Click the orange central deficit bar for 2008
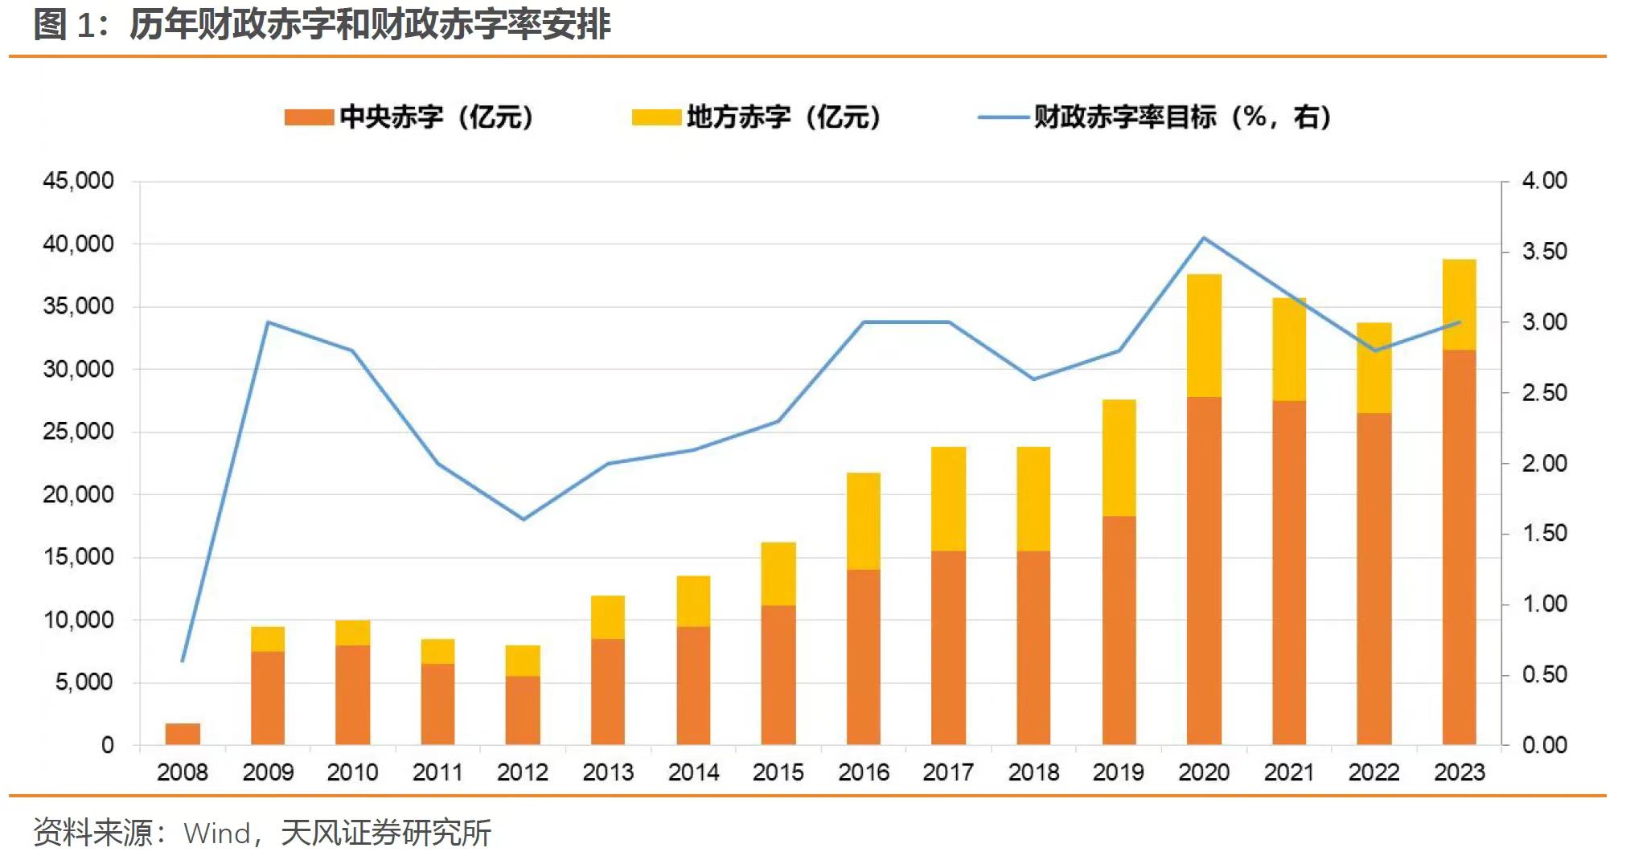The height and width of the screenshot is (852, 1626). coord(183,734)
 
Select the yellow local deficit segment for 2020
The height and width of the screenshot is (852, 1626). coord(1204,336)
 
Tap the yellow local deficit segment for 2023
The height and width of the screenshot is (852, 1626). coord(1459,305)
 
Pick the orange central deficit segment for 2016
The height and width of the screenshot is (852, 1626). coord(864,657)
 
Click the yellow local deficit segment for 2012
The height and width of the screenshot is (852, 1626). coord(523,661)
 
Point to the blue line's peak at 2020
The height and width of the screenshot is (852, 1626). coord(1204,238)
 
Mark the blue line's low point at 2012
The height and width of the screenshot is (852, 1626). coord(524,519)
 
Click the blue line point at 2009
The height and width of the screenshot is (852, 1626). coord(268,322)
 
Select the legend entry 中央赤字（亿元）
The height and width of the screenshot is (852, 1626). coord(409,117)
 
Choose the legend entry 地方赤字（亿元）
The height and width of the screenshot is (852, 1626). coord(757,117)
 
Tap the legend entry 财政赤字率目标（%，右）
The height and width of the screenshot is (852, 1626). coord(1155,117)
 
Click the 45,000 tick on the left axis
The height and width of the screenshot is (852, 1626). coord(78,181)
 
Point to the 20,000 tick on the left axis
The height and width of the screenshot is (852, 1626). coord(78,494)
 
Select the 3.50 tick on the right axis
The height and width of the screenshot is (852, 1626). coord(1544,252)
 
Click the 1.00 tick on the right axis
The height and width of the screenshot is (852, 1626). coord(1544,604)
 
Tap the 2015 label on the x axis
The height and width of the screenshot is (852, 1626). coord(778,772)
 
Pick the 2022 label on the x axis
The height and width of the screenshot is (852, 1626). coord(1374,772)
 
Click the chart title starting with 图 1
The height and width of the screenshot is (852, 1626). coord(322,25)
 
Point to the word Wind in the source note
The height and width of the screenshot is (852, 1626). coord(217,834)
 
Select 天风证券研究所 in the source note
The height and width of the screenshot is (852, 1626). coord(386,833)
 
